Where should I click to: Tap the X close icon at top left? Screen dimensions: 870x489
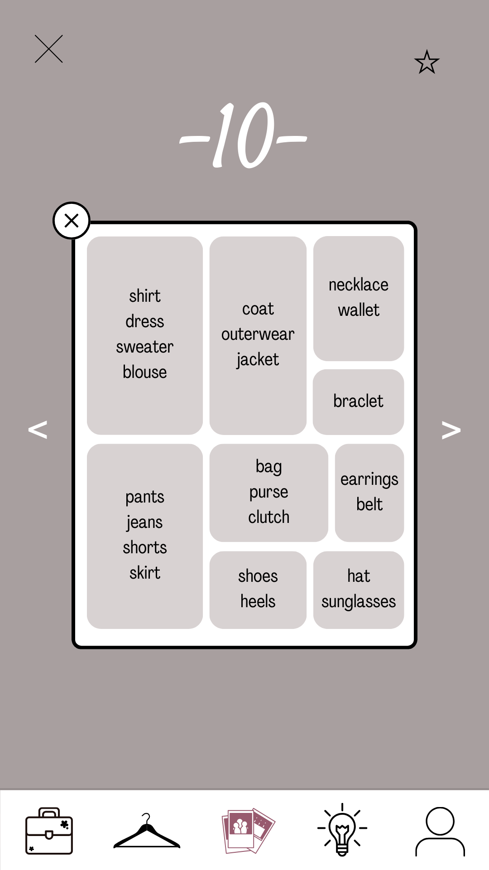coord(49,49)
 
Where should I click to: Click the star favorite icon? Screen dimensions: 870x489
coord(427,62)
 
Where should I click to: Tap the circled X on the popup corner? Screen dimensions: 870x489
coord(72,221)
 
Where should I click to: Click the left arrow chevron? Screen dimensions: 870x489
coord(38,430)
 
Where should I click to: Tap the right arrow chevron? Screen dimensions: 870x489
coord(451,430)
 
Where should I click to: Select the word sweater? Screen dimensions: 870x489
coord(145,347)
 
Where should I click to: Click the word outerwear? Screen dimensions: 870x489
coord(258,334)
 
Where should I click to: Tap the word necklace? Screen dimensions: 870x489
coord(359,285)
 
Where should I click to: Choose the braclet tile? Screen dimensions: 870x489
coord(358,401)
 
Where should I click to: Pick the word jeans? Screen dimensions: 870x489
coord(145,522)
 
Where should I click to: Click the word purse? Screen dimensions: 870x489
coord(268,492)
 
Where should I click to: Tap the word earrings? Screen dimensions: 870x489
coord(369,479)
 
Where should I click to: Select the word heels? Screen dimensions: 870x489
coord(258,602)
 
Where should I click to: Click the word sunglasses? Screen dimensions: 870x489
coord(359,602)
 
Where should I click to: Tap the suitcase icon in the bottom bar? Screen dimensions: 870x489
coord(49,831)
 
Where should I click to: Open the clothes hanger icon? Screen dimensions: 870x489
coord(147,831)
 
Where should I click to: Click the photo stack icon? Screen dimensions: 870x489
coord(248,831)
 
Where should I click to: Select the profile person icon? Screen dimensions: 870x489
coord(440,831)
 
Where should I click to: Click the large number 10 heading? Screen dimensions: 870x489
coord(244,135)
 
